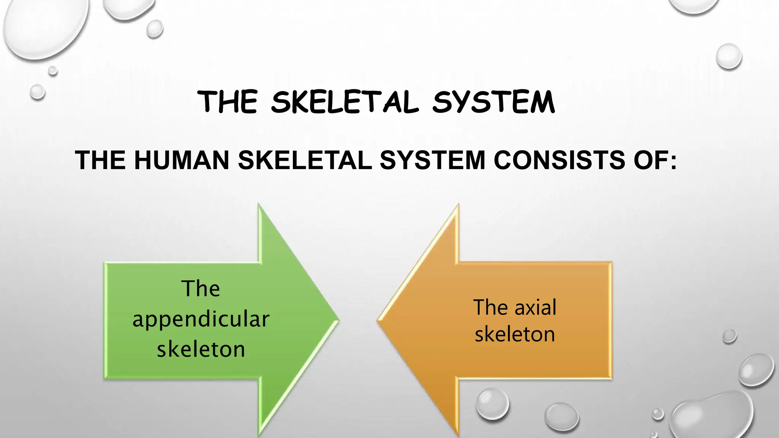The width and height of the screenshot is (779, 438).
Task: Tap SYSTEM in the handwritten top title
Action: (x=494, y=102)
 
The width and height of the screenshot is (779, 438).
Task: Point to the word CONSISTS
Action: (x=559, y=160)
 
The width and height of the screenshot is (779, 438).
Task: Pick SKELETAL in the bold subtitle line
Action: (x=305, y=160)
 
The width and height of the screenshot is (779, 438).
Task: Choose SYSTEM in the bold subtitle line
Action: (x=432, y=160)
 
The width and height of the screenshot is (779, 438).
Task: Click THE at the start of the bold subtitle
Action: (x=100, y=160)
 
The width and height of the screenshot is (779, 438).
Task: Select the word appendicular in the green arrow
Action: (x=201, y=319)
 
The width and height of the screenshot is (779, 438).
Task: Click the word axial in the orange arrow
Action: (x=536, y=307)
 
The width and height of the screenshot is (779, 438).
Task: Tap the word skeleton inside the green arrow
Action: (x=201, y=349)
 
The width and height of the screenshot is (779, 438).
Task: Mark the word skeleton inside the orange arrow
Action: (x=515, y=335)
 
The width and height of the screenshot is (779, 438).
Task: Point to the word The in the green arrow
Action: (x=200, y=289)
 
